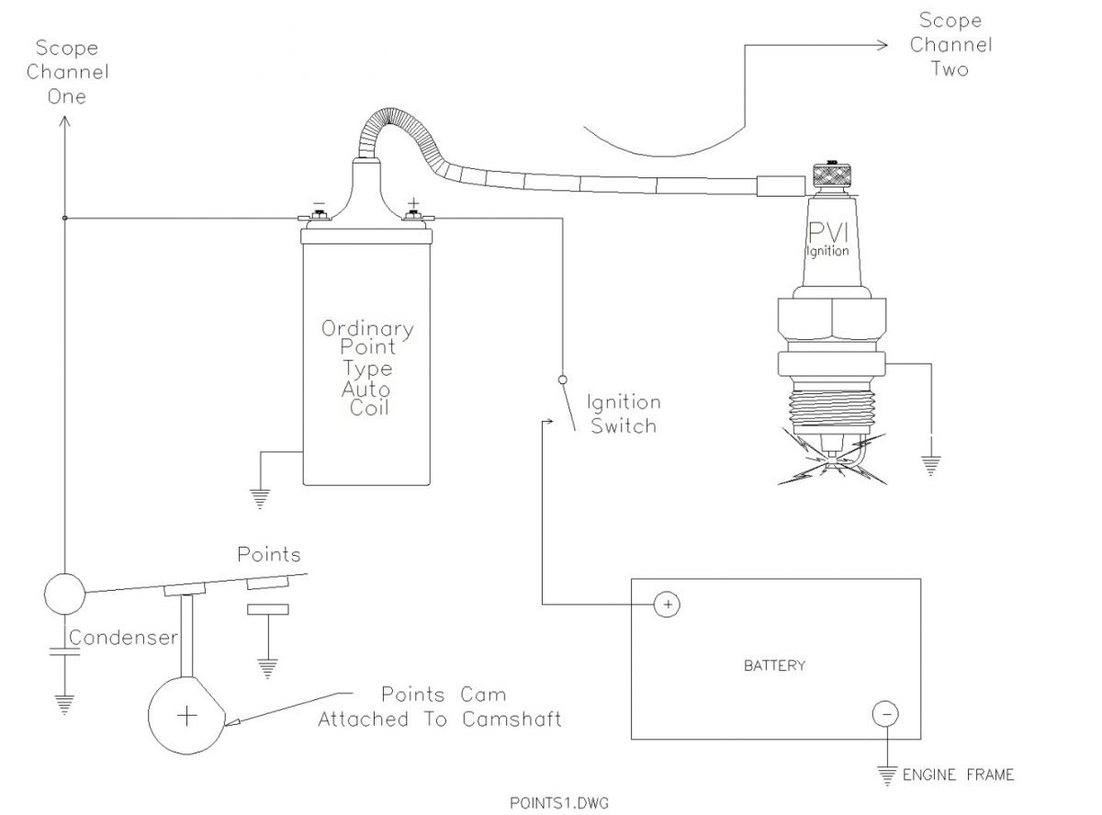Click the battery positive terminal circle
point(667,605)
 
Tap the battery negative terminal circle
point(885,714)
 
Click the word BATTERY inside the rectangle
point(774,665)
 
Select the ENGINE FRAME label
point(958,775)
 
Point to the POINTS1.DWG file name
point(559,802)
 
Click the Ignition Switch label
point(624,413)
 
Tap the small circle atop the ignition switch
point(562,379)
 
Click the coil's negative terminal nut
point(319,215)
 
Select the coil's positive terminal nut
point(413,215)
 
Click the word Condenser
point(123,637)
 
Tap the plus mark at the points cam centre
point(186,716)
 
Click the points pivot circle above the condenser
point(64,594)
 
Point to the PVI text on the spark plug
point(828,232)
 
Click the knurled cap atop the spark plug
point(832,174)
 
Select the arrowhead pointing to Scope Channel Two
point(882,45)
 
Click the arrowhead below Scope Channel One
point(64,121)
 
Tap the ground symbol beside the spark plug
point(930,466)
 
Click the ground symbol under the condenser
point(64,704)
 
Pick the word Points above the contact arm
point(269,554)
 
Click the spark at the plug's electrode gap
point(831,461)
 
